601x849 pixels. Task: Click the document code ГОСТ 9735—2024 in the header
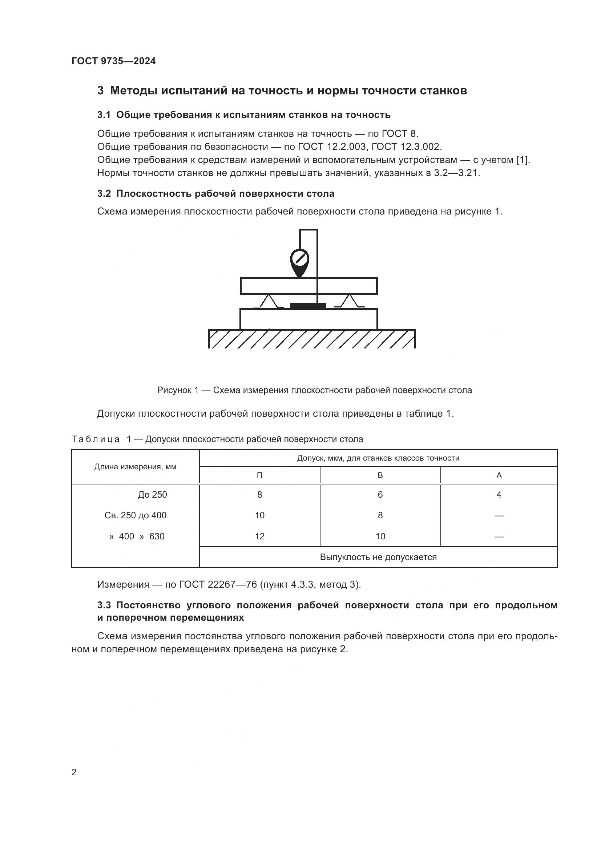(x=114, y=61)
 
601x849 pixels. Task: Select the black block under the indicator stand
(x=308, y=306)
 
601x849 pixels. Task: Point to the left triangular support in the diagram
(x=269, y=301)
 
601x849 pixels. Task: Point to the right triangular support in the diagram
(x=349, y=301)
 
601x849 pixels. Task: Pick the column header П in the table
(x=259, y=475)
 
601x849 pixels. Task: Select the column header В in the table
(x=380, y=475)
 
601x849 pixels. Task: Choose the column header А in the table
(x=499, y=475)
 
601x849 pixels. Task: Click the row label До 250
(x=153, y=495)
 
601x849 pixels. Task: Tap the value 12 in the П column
(x=259, y=536)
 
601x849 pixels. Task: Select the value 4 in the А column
(x=499, y=495)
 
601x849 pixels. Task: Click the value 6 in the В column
(x=380, y=495)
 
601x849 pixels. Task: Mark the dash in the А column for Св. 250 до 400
(x=499, y=515)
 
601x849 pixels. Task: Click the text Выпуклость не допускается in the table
(x=378, y=557)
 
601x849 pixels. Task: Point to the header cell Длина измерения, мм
(x=136, y=467)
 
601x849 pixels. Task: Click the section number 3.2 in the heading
(x=104, y=193)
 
